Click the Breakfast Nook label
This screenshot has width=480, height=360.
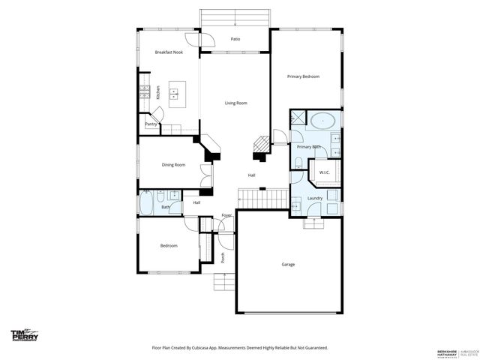169,52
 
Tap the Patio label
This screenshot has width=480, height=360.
235,38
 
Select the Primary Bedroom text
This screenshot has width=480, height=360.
304,76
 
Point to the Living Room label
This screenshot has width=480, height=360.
235,103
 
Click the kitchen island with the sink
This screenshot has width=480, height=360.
177,93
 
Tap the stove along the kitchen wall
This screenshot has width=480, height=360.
143,93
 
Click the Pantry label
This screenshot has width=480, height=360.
150,124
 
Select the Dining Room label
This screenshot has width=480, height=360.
173,165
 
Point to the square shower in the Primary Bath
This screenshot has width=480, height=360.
298,118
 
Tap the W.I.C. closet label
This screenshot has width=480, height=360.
325,173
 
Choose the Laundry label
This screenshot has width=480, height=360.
315,198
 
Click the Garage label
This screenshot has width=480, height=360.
288,264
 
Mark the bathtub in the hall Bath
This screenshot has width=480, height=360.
146,203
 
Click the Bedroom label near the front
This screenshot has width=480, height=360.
169,245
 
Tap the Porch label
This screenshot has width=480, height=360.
223,257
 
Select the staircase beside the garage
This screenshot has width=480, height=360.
262,199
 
